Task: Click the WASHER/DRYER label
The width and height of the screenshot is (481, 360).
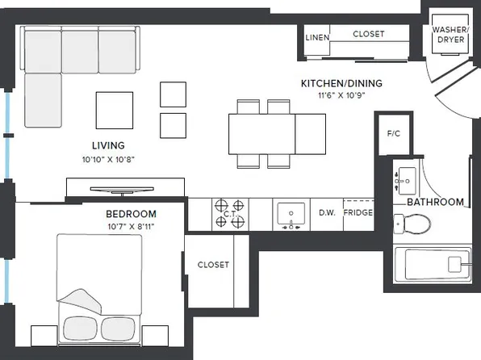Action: [x=449, y=35]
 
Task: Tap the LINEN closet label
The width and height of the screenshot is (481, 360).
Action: [x=316, y=37]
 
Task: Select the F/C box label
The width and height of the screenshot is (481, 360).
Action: [x=394, y=133]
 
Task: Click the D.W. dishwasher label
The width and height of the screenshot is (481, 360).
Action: [x=327, y=213]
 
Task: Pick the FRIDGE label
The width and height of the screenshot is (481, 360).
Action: [x=358, y=213]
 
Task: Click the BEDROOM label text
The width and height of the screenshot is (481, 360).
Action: [x=131, y=214]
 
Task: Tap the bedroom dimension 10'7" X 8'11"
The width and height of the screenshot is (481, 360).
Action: [x=131, y=227]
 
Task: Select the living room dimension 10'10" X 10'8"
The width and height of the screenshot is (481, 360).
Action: [x=107, y=159]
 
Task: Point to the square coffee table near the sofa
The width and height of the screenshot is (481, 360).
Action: [x=115, y=109]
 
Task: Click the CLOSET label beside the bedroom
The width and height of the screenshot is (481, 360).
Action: [x=213, y=265]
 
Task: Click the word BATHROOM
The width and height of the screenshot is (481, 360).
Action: [x=435, y=202]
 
